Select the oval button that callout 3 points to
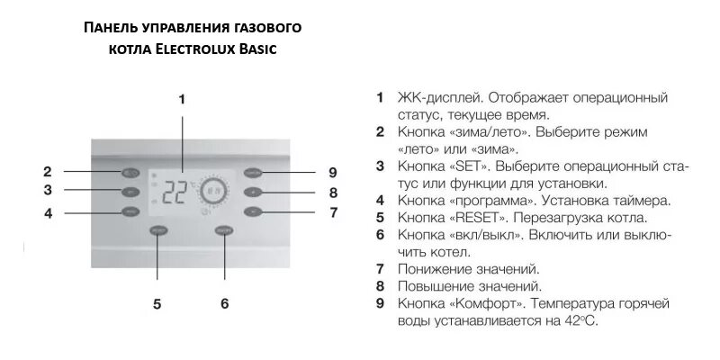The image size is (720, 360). point(132,192)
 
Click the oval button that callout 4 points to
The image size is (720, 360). point(132,212)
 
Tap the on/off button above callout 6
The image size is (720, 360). point(224,231)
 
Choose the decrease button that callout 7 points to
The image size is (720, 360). point(253,212)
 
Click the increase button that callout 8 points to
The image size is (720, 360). point(253,192)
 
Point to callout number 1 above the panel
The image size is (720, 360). point(182,99)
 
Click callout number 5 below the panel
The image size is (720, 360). point(157,304)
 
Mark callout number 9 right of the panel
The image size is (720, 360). point(332,172)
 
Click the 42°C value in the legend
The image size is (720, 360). point(578,320)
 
